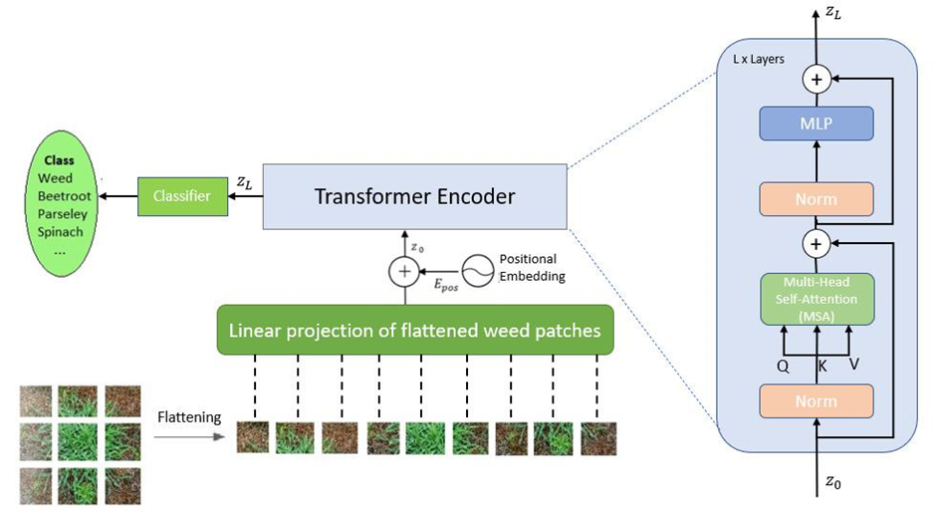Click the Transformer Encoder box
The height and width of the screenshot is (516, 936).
pyautogui.click(x=414, y=196)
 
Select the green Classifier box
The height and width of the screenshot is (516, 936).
pyautogui.click(x=181, y=196)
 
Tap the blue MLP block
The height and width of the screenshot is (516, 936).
pyautogui.click(x=816, y=124)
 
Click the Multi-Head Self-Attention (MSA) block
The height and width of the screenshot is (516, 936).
pyautogui.click(x=816, y=299)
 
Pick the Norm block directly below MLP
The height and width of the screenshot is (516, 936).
pyautogui.click(x=816, y=199)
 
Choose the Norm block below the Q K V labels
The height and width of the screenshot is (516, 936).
pyautogui.click(x=816, y=400)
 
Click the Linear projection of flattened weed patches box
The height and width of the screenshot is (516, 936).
pyautogui.click(x=414, y=330)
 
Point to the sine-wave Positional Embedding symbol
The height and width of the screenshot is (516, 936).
pyautogui.click(x=476, y=269)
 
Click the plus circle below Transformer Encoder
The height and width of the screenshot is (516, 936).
pyautogui.click(x=404, y=270)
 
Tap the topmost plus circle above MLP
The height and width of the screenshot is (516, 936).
pyautogui.click(x=817, y=79)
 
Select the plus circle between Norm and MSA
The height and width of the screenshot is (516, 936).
pyautogui.click(x=817, y=243)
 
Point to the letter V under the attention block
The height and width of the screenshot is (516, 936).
pyautogui.click(x=853, y=365)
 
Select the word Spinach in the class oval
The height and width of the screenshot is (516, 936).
pyautogui.click(x=61, y=232)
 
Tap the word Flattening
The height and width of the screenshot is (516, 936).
pyautogui.click(x=188, y=418)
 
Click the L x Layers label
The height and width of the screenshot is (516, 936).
pyautogui.click(x=752, y=59)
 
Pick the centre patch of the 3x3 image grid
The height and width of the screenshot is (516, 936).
pyautogui.click(x=79, y=441)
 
